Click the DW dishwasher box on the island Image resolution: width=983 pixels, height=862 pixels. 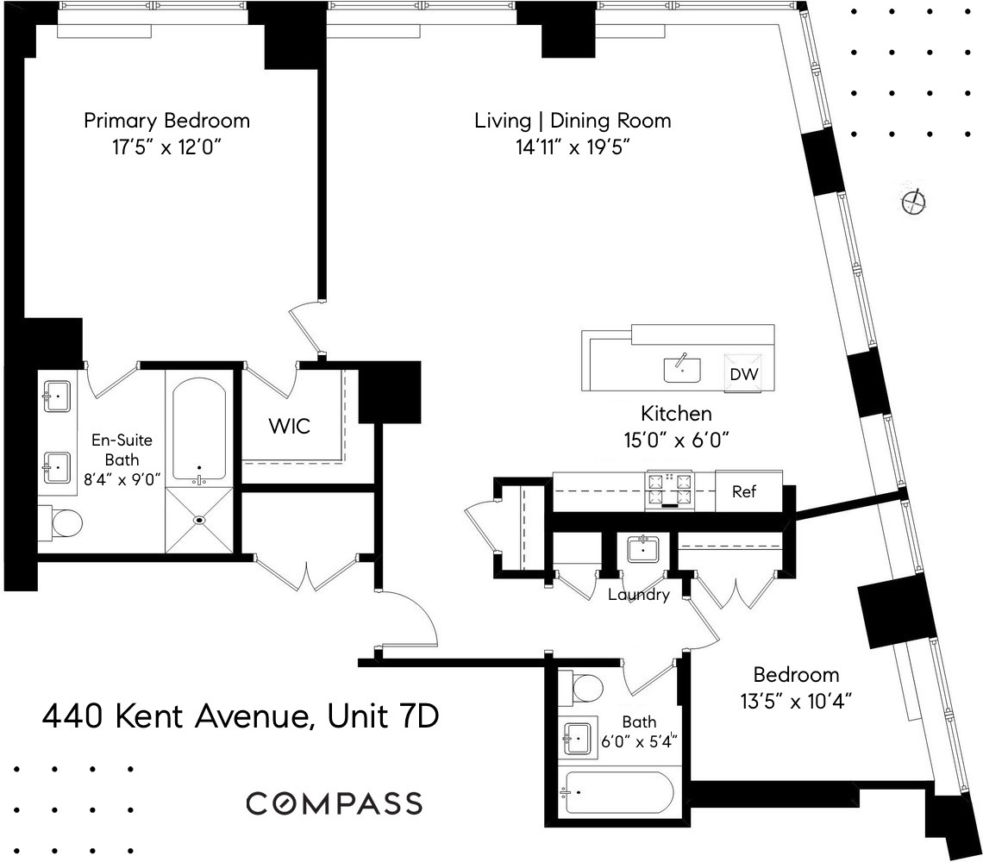(742, 374)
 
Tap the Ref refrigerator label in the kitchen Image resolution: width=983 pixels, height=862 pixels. (744, 492)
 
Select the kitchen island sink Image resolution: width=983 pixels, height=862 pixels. (682, 369)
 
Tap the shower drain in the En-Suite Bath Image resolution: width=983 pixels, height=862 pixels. (199, 520)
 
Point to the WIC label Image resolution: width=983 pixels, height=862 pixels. (289, 426)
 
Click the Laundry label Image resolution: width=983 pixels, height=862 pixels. (638, 595)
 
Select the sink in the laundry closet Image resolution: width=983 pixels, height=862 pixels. (643, 548)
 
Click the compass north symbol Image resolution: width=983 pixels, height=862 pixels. (913, 203)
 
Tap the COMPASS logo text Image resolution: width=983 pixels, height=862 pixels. (334, 803)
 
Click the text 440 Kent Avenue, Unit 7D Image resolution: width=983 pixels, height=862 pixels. (241, 715)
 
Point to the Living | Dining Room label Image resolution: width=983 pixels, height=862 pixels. (573, 120)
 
